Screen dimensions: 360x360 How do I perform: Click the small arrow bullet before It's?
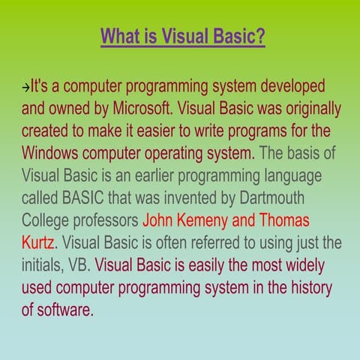(x=25, y=88)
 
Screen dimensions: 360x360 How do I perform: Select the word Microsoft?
(x=142, y=108)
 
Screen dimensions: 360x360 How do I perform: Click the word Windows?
(x=49, y=153)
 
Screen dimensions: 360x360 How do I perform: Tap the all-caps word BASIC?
(x=82, y=197)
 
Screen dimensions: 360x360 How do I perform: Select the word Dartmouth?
(x=272, y=197)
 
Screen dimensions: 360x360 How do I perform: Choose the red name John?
(x=157, y=220)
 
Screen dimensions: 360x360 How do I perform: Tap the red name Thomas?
(x=284, y=220)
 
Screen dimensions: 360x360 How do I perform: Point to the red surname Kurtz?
(x=37, y=242)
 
